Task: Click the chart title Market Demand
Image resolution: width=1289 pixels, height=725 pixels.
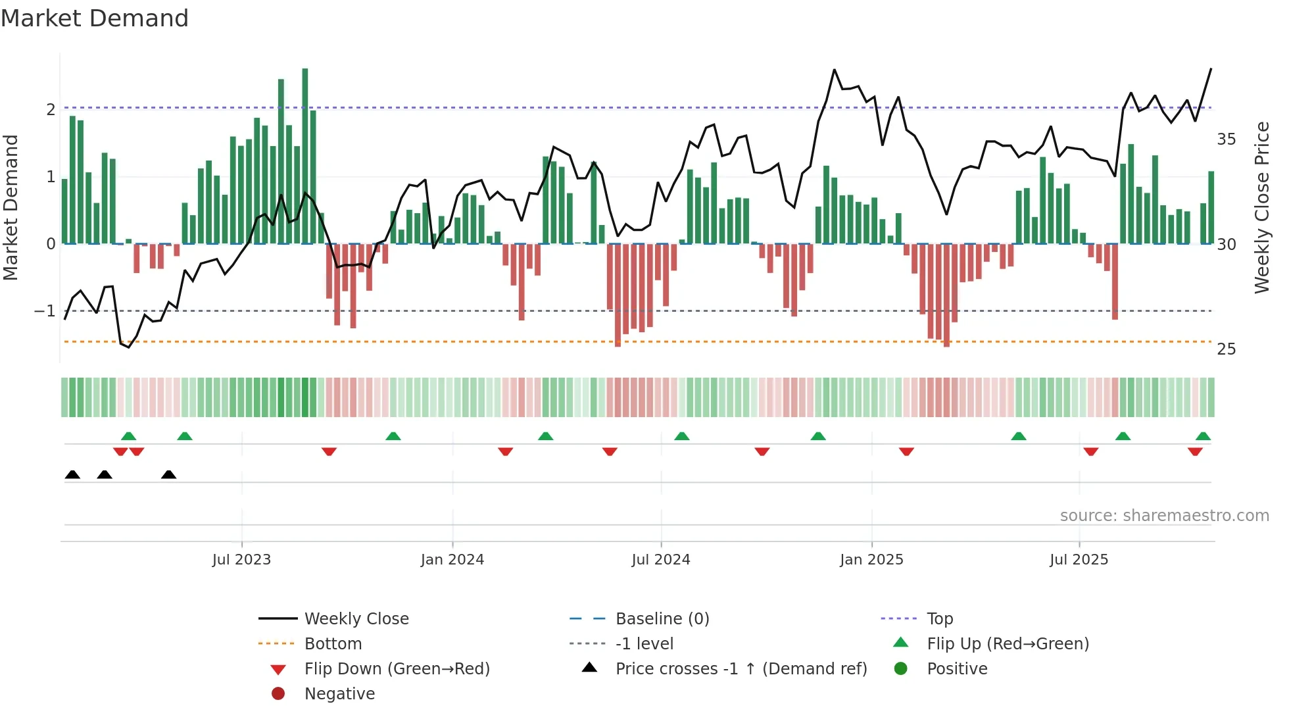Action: coord(95,18)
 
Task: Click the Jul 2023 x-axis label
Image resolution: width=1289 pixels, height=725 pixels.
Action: coord(241,559)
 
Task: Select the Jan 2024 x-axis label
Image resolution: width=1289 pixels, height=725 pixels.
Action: coord(452,559)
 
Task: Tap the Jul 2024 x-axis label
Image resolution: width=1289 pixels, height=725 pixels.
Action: coord(660,559)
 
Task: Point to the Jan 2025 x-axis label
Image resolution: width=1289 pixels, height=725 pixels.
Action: coord(871,559)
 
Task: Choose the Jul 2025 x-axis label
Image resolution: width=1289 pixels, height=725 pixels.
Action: coord(1079,559)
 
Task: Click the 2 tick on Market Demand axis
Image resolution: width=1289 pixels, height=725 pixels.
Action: coord(51,110)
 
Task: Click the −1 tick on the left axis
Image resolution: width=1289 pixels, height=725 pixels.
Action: coord(45,311)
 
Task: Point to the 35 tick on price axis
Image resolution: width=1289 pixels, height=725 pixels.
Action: coord(1226,139)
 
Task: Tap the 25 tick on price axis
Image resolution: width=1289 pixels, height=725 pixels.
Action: coord(1226,349)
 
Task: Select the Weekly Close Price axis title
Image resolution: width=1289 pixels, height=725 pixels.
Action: coord(1261,207)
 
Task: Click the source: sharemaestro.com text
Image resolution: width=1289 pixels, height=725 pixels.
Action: coord(1164,515)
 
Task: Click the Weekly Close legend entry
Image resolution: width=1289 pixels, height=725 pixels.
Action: coord(356,618)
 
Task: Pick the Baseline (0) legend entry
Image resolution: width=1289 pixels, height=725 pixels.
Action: coord(662,618)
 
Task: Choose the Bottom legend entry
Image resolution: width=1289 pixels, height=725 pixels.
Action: coord(333,643)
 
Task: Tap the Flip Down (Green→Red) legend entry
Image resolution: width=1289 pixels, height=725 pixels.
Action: coord(397,668)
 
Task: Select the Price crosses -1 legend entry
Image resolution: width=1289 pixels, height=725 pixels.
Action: coord(741,668)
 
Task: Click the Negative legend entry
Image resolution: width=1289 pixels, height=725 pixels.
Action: coord(339,693)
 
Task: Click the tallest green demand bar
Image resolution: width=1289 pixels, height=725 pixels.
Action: coord(305,156)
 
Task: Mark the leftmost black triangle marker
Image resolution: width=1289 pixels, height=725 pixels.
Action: coord(72,475)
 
